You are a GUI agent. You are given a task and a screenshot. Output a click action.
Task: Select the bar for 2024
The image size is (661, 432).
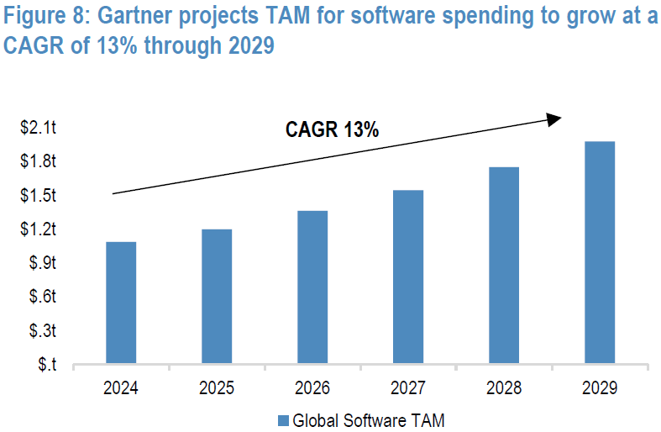tap(120, 303)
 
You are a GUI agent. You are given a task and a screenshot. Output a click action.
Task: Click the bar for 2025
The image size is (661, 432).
tap(216, 298)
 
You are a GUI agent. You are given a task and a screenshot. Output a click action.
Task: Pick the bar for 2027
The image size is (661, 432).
tap(407, 278)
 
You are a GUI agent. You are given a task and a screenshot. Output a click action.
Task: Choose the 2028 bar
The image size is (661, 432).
tap(503, 266)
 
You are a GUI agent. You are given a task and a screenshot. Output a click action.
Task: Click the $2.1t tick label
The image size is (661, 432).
tap(39, 128)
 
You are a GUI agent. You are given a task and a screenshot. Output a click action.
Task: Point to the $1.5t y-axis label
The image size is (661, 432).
tap(39, 196)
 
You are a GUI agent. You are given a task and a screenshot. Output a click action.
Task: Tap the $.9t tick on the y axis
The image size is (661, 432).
tap(42, 263)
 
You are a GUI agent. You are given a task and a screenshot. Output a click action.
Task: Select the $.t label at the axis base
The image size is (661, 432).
tap(47, 365)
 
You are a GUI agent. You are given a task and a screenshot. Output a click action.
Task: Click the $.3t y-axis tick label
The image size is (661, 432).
tap(42, 331)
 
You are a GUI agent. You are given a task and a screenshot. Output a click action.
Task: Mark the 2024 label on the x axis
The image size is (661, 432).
tap(120, 388)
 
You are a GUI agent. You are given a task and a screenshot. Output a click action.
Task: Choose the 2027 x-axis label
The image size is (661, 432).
tap(407, 388)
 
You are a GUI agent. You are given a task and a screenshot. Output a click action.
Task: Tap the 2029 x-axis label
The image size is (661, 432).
tap(599, 388)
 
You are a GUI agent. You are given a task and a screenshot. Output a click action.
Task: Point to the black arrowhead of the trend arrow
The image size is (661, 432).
tap(553, 119)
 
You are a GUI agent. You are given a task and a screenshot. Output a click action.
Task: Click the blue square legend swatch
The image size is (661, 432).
tap(282, 420)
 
